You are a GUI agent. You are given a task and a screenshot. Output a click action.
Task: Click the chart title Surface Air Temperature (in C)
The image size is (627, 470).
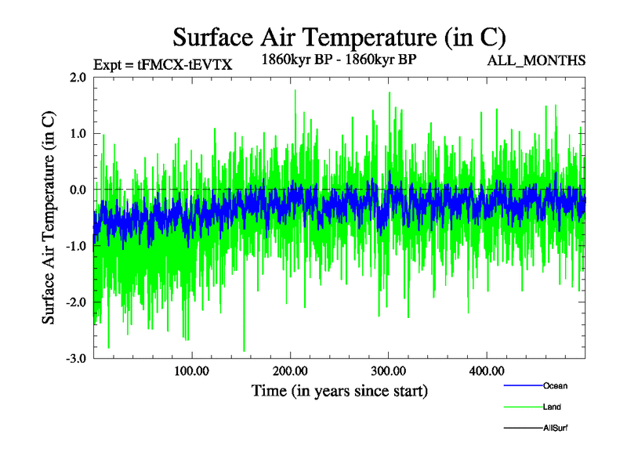coord(339,37)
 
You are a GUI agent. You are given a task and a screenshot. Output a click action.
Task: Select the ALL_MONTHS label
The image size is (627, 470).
coord(537,60)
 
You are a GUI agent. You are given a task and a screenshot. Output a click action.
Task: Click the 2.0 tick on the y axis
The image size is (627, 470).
coord(77,78)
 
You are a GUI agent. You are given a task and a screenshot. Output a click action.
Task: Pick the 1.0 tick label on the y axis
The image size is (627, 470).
coord(77,134)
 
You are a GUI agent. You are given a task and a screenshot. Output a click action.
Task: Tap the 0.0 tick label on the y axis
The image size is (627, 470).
coord(77,190)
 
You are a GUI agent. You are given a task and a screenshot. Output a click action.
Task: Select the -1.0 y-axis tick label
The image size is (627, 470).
coord(75,247)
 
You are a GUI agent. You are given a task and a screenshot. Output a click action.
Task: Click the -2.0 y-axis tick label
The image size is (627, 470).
coord(75,302)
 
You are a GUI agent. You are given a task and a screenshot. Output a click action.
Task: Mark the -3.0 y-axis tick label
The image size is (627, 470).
coord(75,359)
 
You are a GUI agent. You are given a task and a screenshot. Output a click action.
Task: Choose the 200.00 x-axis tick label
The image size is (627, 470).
coord(290,371)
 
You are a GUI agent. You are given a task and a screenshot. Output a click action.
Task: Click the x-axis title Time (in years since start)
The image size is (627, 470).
coord(339,390)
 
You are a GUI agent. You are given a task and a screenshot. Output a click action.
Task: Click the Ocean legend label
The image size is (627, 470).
coord(555,385)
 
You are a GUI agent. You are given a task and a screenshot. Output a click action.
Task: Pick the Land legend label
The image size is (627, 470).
coord(552,407)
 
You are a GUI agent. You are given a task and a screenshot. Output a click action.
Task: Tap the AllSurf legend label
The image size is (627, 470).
coord(556,428)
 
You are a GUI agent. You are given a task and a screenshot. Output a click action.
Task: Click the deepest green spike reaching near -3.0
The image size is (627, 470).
coord(244,349)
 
